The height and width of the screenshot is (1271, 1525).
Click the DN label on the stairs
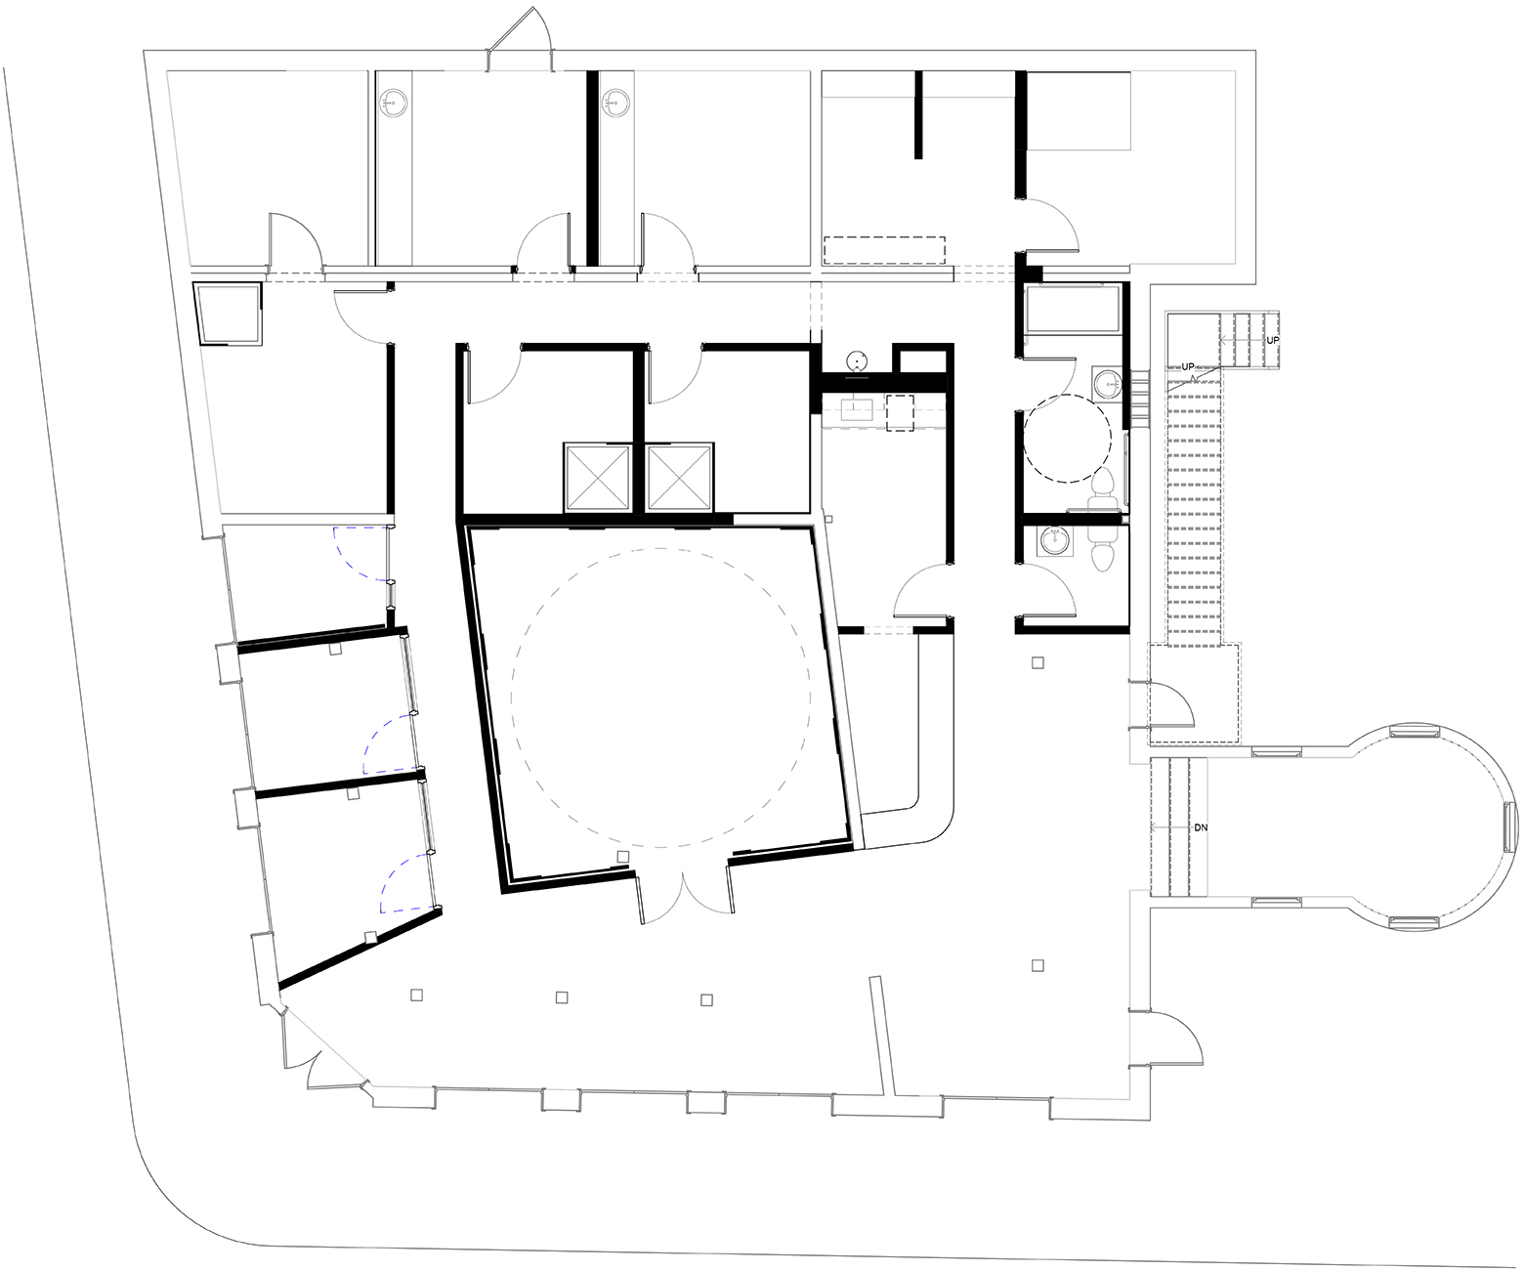(1201, 827)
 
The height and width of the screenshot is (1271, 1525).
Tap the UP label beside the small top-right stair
(1272, 340)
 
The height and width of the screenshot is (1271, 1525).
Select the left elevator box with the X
(598, 477)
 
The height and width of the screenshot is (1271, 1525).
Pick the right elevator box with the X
(679, 477)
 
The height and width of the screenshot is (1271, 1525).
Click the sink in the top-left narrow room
(395, 102)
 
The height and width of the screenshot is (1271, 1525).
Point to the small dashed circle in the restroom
(1067, 438)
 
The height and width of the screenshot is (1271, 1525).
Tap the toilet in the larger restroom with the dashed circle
(1101, 489)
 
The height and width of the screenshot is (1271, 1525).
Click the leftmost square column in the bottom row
(416, 995)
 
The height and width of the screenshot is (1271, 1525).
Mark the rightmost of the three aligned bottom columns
(706, 1000)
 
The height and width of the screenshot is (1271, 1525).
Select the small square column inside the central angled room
(622, 856)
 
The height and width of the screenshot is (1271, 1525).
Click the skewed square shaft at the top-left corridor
(229, 314)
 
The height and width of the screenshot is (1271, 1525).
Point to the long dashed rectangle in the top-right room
(884, 250)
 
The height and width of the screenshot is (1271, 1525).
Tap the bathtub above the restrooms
(1074, 309)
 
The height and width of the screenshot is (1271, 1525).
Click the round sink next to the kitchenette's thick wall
(858, 360)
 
